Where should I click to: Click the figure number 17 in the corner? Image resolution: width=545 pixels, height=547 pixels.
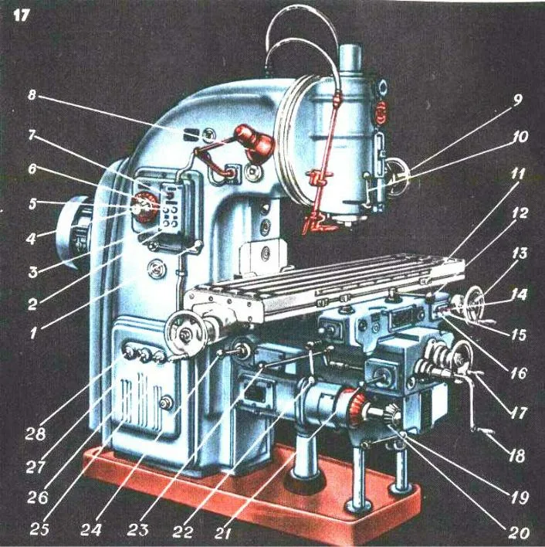click(x=21, y=15)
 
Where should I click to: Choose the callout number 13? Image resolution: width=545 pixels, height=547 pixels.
click(x=516, y=253)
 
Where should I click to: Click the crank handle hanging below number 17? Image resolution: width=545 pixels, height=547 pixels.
click(x=482, y=421)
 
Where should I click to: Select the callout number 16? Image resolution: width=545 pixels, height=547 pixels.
click(x=516, y=373)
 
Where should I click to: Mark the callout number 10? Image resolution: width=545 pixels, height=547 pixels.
click(x=516, y=138)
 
